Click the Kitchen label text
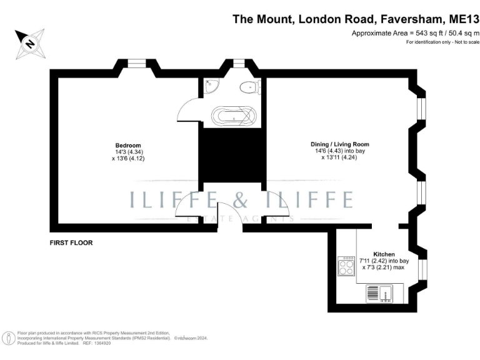[384, 254]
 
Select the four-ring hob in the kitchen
[346, 267]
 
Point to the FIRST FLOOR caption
[71, 241]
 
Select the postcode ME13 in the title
[462, 19]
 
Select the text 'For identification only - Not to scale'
[442, 42]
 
